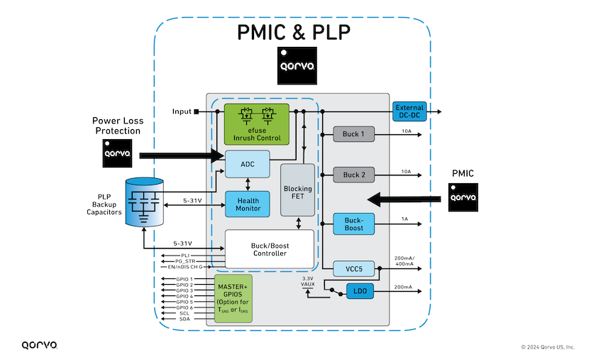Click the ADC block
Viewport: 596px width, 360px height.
248,164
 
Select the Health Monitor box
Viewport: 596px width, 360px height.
248,204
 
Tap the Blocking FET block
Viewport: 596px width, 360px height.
297,190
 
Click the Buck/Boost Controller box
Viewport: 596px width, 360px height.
270,249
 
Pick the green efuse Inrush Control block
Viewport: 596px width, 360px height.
257,124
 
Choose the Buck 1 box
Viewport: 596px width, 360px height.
353,134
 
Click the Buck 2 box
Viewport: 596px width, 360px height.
353,175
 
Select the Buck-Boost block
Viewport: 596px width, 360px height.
353,224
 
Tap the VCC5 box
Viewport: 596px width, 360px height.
353,268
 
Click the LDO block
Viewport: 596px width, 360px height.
360,291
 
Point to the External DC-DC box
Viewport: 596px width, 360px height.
409,111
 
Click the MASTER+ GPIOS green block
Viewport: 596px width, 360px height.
233,299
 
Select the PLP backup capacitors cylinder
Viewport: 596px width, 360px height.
145,202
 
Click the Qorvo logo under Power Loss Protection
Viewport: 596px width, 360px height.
117,153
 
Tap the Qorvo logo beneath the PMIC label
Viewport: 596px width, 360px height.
463,197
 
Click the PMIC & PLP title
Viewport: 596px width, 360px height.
294,33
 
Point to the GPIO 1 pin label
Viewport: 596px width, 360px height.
184,279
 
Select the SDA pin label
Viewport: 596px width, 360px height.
184,319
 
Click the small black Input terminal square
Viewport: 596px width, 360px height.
196,111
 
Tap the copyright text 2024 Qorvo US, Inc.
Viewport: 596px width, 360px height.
548,347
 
